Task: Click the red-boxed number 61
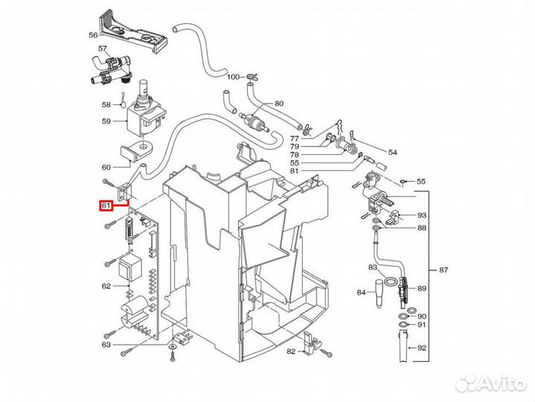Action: [106, 205]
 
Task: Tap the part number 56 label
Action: [93, 35]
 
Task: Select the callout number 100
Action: [234, 77]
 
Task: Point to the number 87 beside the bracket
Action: [443, 270]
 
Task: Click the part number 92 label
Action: [422, 348]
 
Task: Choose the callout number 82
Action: [291, 351]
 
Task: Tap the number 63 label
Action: [106, 345]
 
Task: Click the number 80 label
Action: [279, 103]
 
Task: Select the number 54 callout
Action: [393, 152]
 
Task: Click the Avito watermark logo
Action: [490, 383]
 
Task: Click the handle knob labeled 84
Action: [379, 293]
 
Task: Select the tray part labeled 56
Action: [133, 33]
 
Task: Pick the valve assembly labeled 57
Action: [110, 70]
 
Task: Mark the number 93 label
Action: [422, 215]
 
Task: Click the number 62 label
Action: [106, 286]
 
